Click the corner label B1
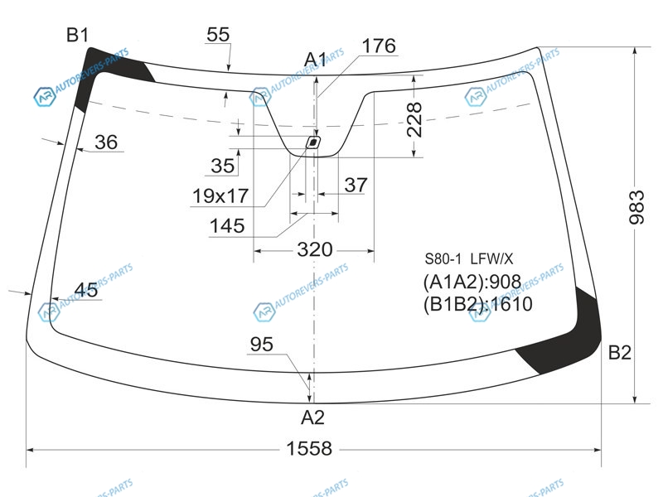(78, 35)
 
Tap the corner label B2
(619, 352)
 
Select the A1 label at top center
(316, 60)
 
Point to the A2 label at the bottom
(313, 417)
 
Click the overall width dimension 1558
(309, 448)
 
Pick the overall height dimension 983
(636, 207)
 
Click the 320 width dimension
(315, 250)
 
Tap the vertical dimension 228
(414, 119)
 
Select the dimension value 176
(379, 46)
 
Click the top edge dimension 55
(218, 35)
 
